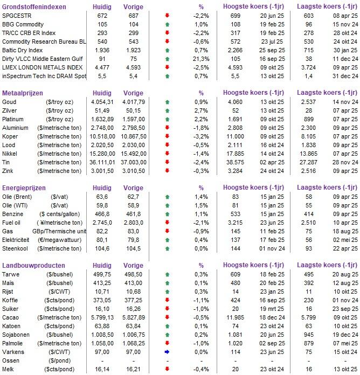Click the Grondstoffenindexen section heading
point(34,6)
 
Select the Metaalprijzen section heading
point(24,93)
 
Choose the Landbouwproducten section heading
point(33,266)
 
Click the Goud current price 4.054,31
point(101,101)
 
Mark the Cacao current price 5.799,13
point(101,317)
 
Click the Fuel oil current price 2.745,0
point(101,222)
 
